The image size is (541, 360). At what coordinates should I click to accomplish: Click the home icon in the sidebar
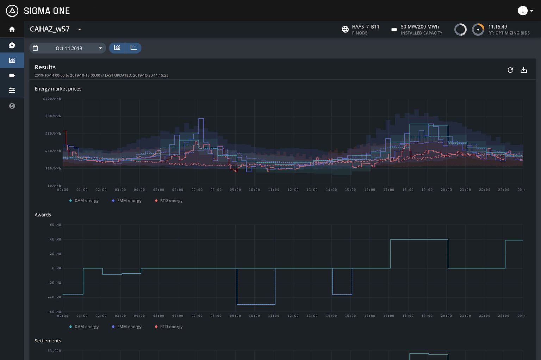pyautogui.click(x=12, y=29)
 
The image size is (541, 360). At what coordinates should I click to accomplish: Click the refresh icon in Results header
pyautogui.click(x=510, y=70)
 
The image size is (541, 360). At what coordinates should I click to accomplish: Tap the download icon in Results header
pyautogui.click(x=524, y=70)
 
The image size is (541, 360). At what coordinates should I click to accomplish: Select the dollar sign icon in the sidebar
pyautogui.click(x=12, y=106)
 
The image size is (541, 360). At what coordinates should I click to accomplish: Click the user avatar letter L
pyautogui.click(x=522, y=11)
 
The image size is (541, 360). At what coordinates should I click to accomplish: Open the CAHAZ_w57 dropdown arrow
pyautogui.click(x=80, y=29)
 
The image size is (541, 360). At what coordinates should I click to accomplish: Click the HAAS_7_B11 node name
pyautogui.click(x=365, y=27)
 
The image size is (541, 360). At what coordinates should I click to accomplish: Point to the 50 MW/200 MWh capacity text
pyautogui.click(x=419, y=27)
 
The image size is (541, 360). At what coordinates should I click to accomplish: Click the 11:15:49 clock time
pyautogui.click(x=497, y=27)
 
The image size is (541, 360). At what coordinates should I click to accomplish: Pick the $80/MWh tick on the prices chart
pyautogui.click(x=53, y=116)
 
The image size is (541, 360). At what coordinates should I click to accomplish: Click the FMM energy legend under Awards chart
pyautogui.click(x=129, y=327)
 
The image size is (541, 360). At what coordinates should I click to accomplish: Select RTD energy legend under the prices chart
pyautogui.click(x=171, y=201)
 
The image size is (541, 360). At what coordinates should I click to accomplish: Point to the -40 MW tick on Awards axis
pyautogui.click(x=54, y=297)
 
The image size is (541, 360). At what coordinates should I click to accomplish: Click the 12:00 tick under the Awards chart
pyautogui.click(x=293, y=316)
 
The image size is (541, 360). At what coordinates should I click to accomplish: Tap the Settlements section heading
pyautogui.click(x=48, y=341)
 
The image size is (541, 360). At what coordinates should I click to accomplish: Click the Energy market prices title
pyautogui.click(x=58, y=89)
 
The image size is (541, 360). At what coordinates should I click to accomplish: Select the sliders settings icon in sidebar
pyautogui.click(x=12, y=91)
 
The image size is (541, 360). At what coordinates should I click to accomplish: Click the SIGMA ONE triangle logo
pyautogui.click(x=12, y=11)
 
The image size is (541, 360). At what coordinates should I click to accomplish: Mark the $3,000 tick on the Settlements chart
pyautogui.click(x=54, y=351)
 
